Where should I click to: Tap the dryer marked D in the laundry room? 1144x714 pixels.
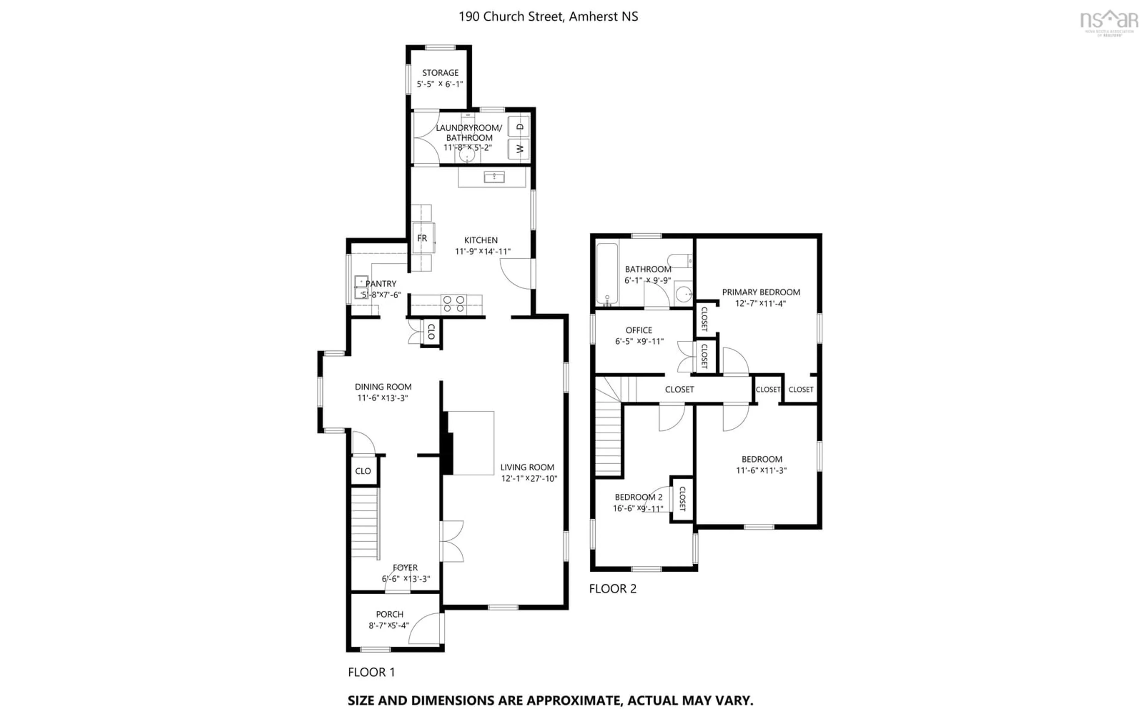[519, 127]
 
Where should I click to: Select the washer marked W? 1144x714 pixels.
[519, 149]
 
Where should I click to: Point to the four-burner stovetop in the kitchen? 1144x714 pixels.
[453, 304]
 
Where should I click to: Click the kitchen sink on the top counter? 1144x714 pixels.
[494, 177]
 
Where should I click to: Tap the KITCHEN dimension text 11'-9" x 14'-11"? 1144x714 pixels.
[482, 252]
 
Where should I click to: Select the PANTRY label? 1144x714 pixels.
[381, 284]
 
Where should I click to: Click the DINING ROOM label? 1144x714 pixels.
[383, 387]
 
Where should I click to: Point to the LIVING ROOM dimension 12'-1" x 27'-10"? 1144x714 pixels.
[529, 479]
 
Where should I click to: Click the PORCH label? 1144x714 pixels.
[390, 614]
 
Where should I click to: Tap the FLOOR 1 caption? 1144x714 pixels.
[371, 672]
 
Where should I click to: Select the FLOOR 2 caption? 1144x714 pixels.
[613, 588]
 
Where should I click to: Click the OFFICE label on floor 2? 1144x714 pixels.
[639, 330]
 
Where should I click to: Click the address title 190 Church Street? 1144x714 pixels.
[548, 17]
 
